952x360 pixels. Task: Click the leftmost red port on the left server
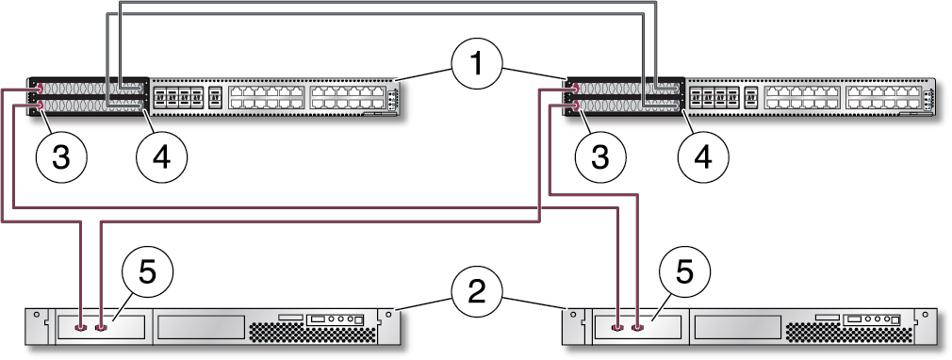tap(81, 329)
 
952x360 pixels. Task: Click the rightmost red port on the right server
tap(638, 329)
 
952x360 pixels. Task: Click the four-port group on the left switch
tap(177, 96)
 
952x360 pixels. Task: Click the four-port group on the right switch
tap(714, 96)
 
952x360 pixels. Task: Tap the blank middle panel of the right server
tap(738, 327)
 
